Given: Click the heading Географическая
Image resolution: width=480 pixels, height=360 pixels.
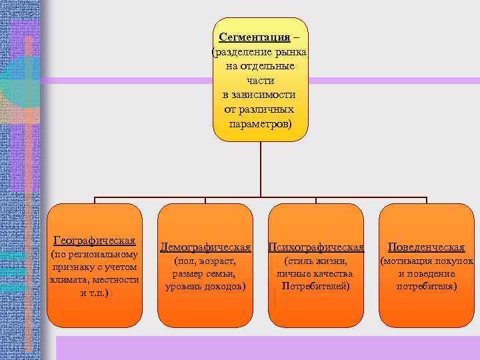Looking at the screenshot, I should tap(94, 239).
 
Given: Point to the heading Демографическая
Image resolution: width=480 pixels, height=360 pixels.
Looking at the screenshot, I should tap(205, 247).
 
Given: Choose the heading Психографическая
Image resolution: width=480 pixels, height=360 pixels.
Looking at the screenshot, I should tap(316, 247).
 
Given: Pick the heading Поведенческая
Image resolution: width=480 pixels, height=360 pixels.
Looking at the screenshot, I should tap(426, 247).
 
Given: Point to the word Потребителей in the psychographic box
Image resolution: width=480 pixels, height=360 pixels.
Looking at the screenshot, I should tap(316, 287).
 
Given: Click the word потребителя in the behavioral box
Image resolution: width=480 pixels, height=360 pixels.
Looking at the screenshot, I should tap(427, 287).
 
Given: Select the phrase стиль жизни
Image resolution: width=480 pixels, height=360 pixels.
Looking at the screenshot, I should tap(316, 261).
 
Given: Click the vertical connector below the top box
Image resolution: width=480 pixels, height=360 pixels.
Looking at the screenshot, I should tap(260, 170).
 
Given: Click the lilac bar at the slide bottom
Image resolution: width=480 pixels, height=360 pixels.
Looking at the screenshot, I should tap(267, 347).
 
